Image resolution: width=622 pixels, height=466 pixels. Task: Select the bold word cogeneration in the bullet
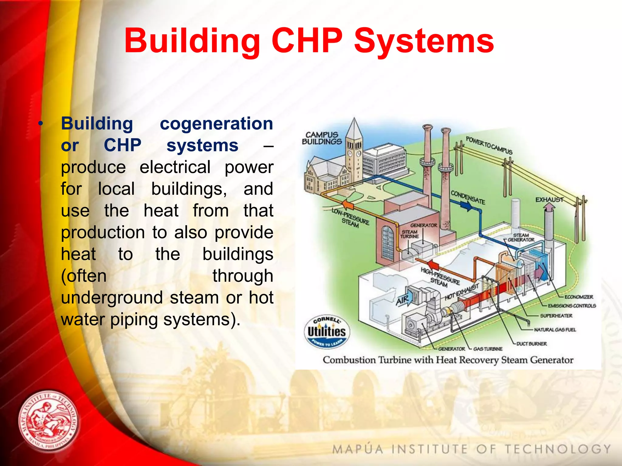coord(216,124)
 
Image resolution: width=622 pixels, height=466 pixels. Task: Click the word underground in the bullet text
coord(112,298)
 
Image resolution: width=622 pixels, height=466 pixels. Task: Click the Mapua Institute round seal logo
coord(48,422)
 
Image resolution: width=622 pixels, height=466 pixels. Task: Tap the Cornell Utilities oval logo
coord(327,332)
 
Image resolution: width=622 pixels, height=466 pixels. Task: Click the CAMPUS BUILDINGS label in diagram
coord(322,138)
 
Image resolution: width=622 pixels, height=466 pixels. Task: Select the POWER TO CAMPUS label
coord(489,145)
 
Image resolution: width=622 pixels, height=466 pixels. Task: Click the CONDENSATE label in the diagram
coord(468,197)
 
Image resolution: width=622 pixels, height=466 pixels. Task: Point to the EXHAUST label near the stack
coord(549,200)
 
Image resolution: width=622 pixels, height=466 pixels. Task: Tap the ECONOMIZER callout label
coord(579,297)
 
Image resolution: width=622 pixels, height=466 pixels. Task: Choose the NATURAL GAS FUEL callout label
coord(555,329)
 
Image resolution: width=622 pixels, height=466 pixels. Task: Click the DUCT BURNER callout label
coord(531,344)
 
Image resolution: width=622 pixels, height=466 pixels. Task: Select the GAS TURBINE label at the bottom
coord(488,349)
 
